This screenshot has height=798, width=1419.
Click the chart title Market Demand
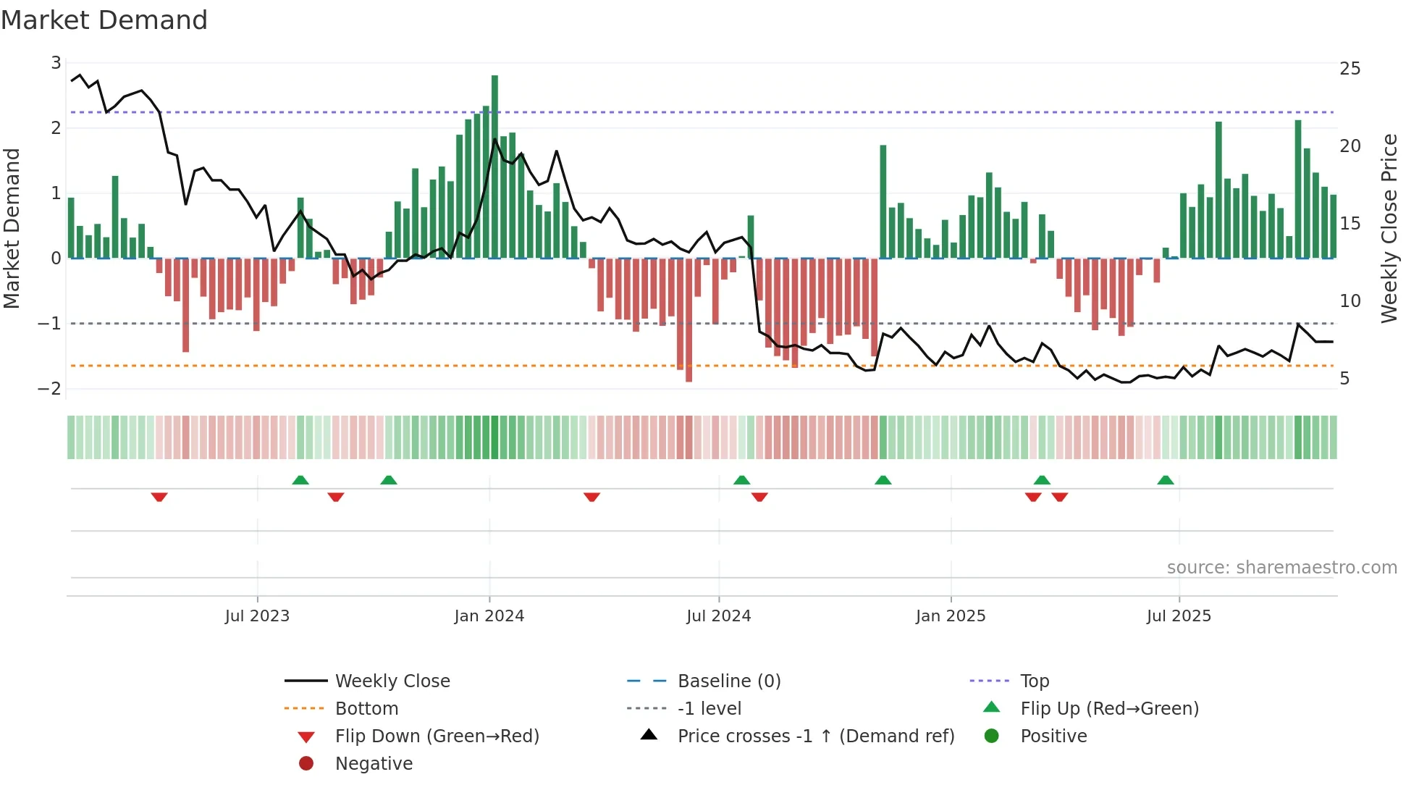tap(104, 20)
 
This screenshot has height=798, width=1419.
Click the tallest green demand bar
tap(494, 167)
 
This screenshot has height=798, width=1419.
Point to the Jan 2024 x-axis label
tap(489, 616)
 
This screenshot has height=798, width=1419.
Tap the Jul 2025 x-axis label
tap(1179, 616)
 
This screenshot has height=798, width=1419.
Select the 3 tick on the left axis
tap(56, 63)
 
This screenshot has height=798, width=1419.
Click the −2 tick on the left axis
tap(50, 388)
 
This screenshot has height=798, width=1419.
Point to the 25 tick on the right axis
tap(1349, 69)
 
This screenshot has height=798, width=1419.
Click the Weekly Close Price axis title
tap(1389, 228)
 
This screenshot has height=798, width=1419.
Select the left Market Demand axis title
tap(12, 228)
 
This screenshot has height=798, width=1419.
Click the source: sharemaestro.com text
tap(1281, 568)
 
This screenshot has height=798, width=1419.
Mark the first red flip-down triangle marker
tap(159, 497)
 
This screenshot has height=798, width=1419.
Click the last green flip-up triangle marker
tap(1165, 480)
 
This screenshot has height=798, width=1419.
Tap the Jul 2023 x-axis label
tap(257, 616)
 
